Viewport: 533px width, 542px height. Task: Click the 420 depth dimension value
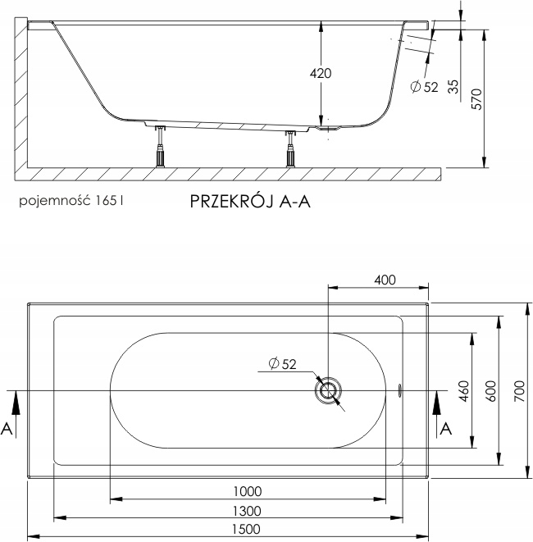(x=321, y=74)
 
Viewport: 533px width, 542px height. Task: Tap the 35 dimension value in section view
(x=453, y=86)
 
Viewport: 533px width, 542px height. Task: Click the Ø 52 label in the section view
(x=424, y=86)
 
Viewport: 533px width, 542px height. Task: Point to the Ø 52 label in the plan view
(x=281, y=366)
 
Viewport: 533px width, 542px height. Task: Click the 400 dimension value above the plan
(x=385, y=280)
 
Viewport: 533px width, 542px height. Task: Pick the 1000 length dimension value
(x=247, y=492)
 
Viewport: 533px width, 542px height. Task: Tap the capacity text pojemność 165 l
(x=74, y=199)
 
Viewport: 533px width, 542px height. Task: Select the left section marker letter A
(x=7, y=427)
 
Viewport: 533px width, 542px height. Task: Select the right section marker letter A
(x=446, y=429)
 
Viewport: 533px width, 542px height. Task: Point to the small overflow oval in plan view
(x=399, y=390)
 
